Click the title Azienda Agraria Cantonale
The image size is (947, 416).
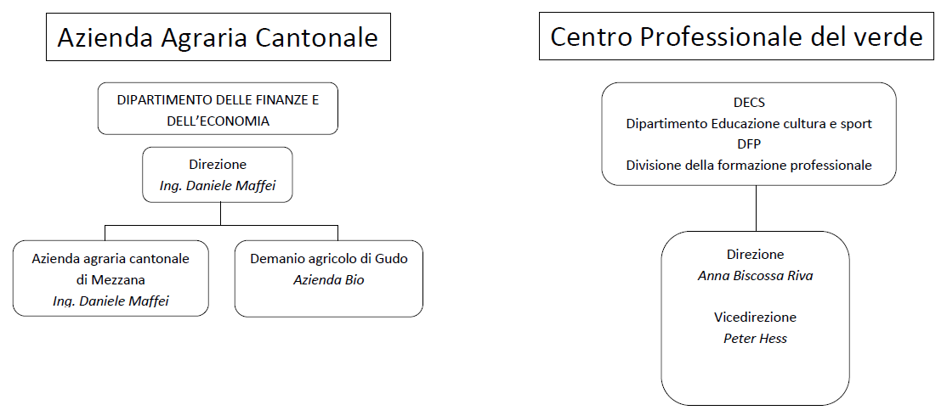218,37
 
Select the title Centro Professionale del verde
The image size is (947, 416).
737,37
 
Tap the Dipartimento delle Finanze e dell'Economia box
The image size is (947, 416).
218,109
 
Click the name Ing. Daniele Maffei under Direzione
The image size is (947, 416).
218,186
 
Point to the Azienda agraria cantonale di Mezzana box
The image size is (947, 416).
111,278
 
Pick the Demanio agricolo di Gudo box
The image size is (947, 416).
328,278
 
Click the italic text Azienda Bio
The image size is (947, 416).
329,280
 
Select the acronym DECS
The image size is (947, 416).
749,103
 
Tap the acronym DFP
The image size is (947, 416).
749,144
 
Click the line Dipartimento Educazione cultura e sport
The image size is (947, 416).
749,124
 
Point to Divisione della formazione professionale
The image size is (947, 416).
749,166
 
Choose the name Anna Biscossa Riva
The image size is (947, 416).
756,276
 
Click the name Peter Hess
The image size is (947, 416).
756,338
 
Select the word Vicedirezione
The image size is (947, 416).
756,318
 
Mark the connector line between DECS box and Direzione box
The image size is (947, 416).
756,208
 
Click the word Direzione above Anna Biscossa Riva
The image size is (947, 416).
756,255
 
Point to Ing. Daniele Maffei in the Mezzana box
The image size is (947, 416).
111,301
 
